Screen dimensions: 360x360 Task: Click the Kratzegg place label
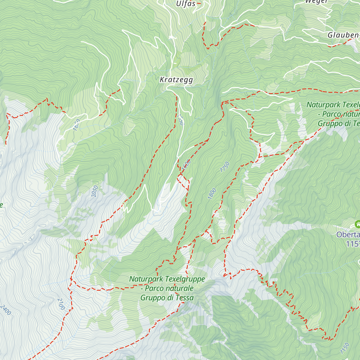click(x=176, y=80)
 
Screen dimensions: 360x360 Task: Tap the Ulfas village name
click(x=186, y=4)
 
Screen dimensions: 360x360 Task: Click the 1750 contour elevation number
click(x=225, y=167)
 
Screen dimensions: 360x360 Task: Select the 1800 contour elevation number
click(x=212, y=193)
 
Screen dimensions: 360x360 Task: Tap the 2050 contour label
click(x=94, y=191)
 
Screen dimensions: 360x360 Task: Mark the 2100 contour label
click(x=61, y=304)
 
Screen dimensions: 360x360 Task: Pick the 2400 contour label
click(x=5, y=310)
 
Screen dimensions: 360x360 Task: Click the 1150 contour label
click(x=345, y=348)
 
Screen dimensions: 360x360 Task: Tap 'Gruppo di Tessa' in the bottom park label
click(x=167, y=298)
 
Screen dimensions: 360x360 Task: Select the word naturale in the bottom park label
click(x=179, y=289)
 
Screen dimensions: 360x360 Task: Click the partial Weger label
click(x=316, y=2)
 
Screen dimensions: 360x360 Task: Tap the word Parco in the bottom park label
click(x=154, y=289)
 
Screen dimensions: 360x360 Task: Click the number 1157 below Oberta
click(x=353, y=244)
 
